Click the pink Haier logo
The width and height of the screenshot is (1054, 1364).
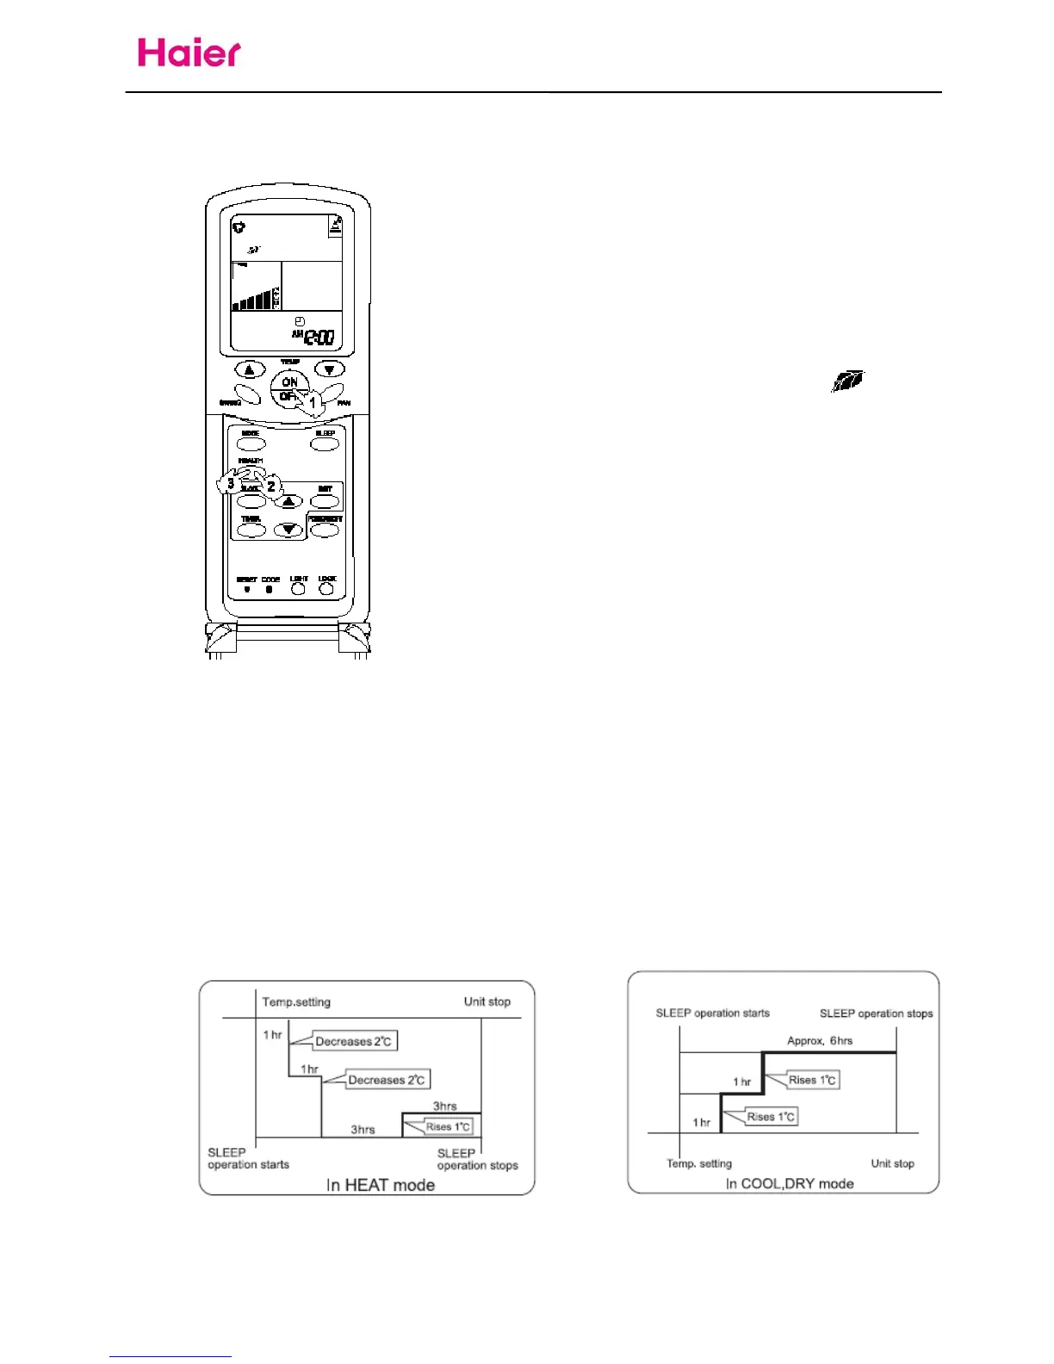click(189, 53)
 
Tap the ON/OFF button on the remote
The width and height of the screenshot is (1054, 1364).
click(289, 389)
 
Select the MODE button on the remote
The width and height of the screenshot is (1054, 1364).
click(251, 444)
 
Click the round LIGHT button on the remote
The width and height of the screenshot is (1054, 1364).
click(298, 590)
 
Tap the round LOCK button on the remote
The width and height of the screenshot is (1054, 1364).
click(326, 590)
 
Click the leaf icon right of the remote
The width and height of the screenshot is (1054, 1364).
click(847, 381)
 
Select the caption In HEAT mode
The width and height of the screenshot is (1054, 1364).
click(380, 1185)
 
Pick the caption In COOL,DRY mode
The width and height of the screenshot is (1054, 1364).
click(790, 1183)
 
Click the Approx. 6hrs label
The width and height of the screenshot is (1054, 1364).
click(820, 1040)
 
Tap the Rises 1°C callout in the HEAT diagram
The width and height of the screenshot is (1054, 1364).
click(447, 1126)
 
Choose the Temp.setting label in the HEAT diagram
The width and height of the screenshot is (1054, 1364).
click(296, 1001)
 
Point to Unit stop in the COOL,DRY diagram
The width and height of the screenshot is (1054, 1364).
click(892, 1163)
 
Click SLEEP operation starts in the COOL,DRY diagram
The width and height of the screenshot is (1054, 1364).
click(712, 1013)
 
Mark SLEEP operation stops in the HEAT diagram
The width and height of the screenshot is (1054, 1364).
click(477, 1159)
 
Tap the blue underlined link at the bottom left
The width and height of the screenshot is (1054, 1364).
click(170, 1356)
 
